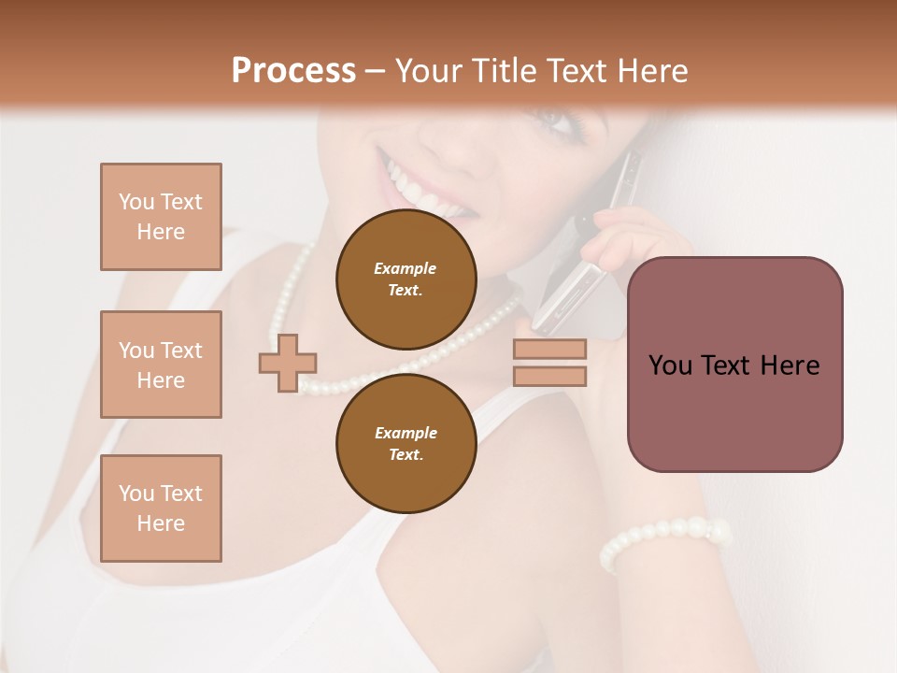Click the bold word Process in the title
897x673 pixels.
tap(293, 70)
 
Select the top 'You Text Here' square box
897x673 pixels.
tap(161, 217)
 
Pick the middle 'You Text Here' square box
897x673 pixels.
tap(161, 365)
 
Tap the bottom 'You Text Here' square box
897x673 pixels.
tap(161, 508)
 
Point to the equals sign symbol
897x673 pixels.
tap(549, 363)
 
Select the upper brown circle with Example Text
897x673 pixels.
tap(406, 279)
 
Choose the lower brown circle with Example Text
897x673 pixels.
tap(406, 443)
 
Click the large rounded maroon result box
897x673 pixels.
tap(734, 365)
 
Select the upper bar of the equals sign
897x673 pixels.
tap(549, 350)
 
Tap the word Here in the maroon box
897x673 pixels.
tap(789, 365)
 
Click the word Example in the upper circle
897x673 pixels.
tap(406, 268)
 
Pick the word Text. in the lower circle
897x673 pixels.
tap(406, 454)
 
